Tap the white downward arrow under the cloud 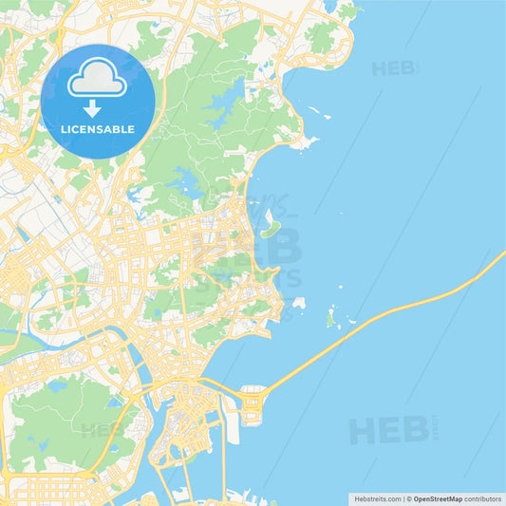[x=92, y=107]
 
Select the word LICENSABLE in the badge [x=97, y=129]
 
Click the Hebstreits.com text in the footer [x=378, y=498]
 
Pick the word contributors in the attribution [x=481, y=498]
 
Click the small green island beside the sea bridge [x=330, y=320]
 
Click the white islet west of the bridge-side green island [x=298, y=304]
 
